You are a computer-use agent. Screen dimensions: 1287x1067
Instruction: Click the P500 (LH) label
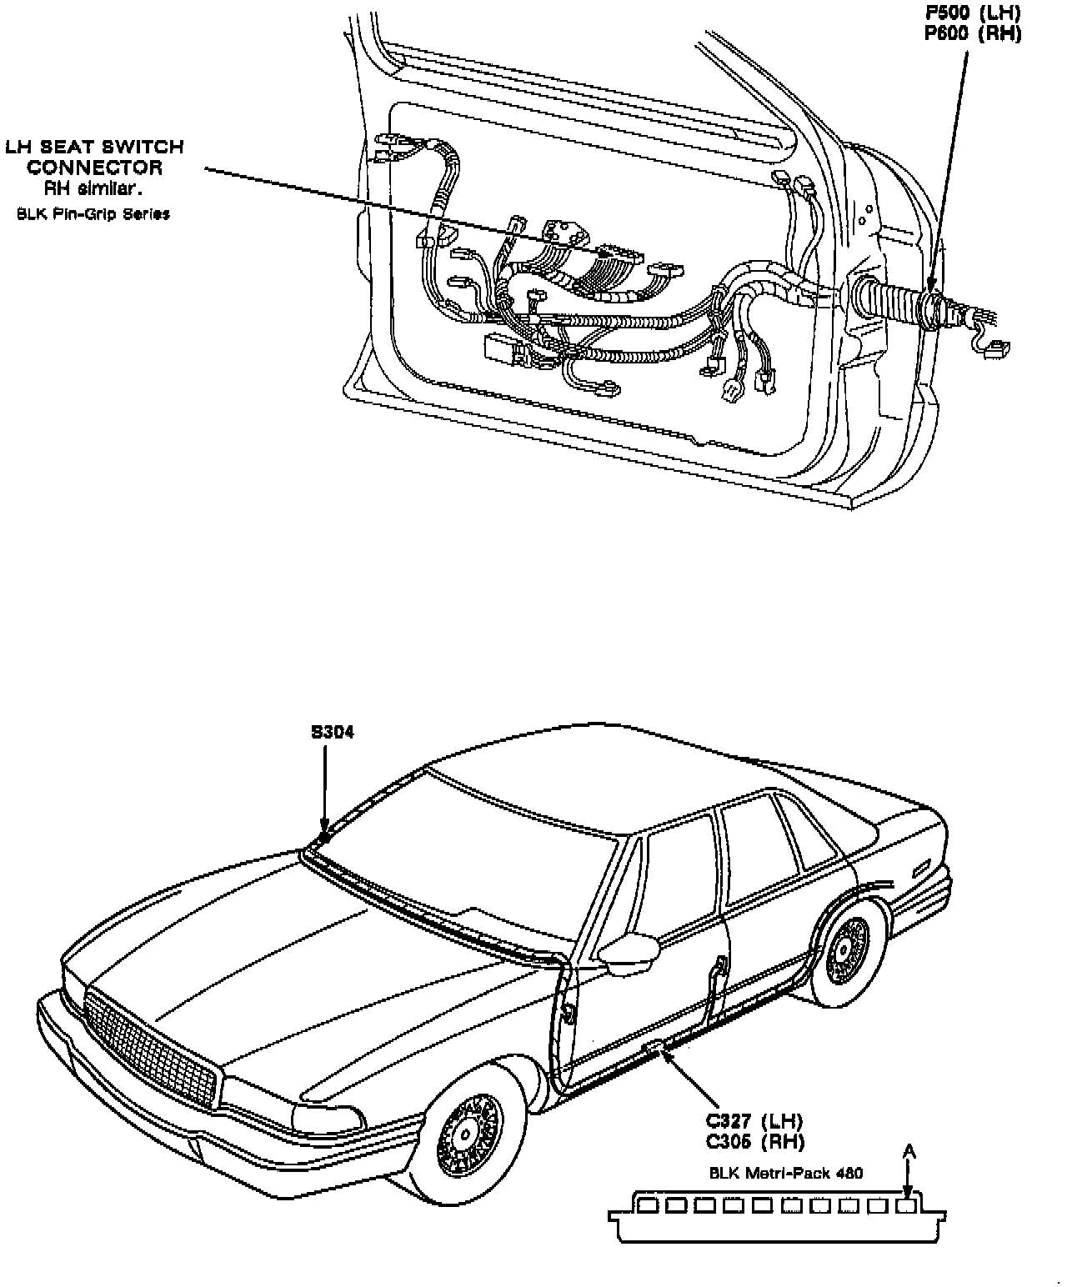[x=972, y=14]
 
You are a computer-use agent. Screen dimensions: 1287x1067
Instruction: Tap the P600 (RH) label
[x=972, y=33]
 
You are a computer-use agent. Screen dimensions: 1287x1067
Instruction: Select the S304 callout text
[x=333, y=733]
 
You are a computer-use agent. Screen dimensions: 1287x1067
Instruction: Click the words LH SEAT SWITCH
[x=94, y=148]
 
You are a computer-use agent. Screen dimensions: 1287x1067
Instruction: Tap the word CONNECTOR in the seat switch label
[x=94, y=168]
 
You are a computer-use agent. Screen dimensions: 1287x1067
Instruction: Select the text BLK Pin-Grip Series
[x=93, y=214]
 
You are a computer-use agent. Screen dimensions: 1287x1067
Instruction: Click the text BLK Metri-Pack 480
[x=785, y=1173]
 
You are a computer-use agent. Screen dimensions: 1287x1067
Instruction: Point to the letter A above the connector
[x=909, y=1152]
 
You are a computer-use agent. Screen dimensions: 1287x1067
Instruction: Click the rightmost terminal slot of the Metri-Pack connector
[x=907, y=1204]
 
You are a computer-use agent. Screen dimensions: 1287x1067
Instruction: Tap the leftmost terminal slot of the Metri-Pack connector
[x=646, y=1204]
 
